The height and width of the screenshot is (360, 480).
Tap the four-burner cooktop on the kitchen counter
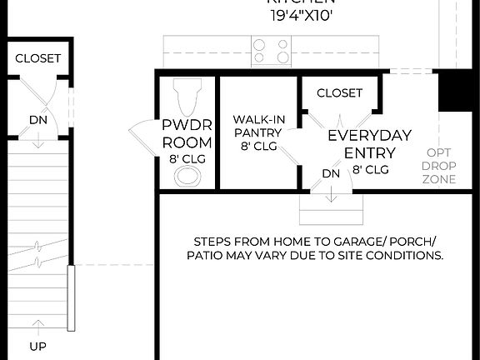(271, 51)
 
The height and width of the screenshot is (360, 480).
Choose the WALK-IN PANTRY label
(258, 126)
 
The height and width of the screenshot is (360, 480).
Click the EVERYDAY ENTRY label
(369, 143)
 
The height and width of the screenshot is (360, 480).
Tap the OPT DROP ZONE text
(439, 166)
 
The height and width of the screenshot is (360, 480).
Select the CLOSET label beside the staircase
(37, 58)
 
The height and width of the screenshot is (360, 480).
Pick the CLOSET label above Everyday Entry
(340, 92)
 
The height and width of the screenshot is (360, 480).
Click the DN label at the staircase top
(37, 120)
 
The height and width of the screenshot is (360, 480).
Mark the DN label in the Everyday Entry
(331, 173)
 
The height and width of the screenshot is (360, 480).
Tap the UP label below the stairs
(37, 346)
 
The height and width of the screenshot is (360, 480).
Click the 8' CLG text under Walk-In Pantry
(258, 146)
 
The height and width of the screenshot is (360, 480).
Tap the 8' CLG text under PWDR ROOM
(187, 158)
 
